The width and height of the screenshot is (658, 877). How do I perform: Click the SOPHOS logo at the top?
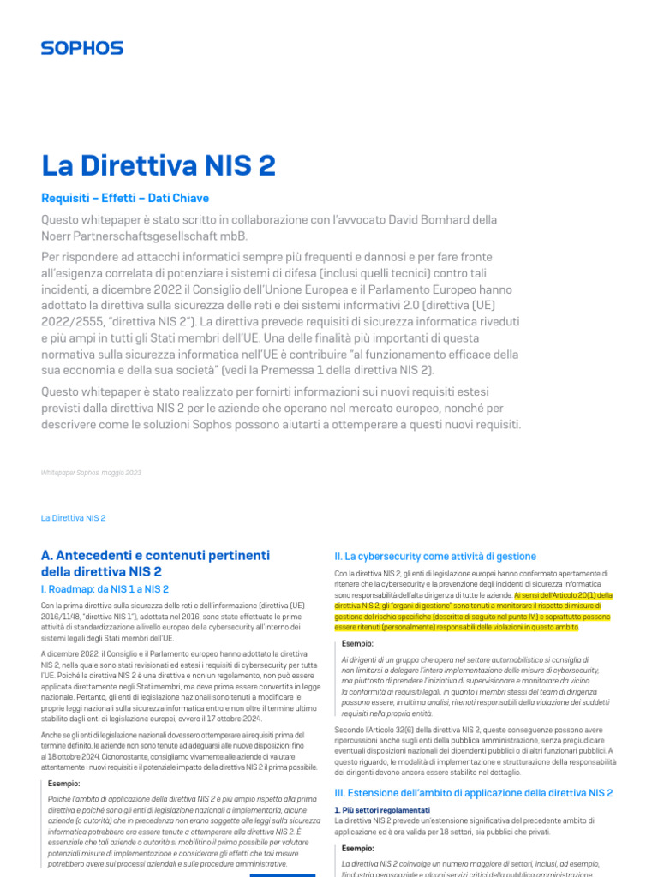(81, 48)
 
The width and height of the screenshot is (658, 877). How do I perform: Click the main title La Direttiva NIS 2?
(159, 164)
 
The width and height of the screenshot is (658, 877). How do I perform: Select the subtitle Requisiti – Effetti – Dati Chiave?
(125, 198)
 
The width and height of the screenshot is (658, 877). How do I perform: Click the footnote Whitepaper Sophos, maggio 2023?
(91, 473)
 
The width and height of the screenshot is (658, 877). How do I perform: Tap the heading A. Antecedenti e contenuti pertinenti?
(155, 556)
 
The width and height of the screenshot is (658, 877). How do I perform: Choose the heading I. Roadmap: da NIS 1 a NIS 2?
(105, 589)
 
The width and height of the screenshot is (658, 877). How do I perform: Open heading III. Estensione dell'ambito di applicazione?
(473, 793)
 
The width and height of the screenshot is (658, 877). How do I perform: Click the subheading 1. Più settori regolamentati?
(381, 810)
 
